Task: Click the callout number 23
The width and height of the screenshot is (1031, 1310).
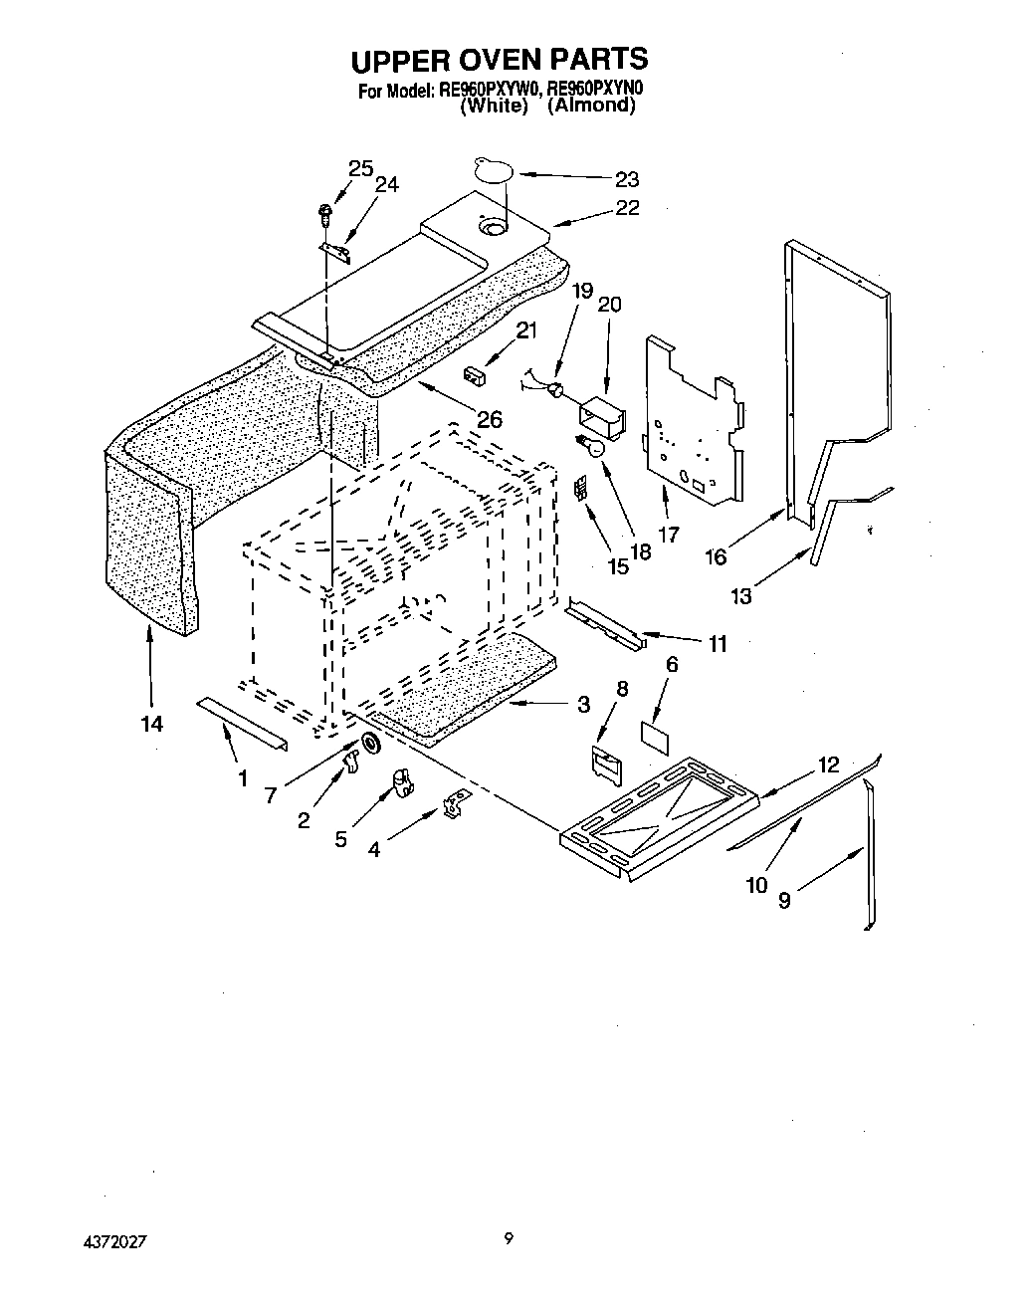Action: tap(626, 179)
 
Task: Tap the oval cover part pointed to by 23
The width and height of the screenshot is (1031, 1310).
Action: tap(494, 169)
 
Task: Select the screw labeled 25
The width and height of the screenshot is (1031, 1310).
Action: tap(325, 211)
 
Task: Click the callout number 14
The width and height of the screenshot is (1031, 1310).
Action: tap(151, 724)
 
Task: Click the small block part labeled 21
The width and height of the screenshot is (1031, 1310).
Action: tap(473, 375)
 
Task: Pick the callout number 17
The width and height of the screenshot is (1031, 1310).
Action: tap(668, 535)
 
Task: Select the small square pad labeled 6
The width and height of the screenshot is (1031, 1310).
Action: tap(657, 735)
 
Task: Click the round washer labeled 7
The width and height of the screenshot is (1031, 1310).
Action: tap(370, 742)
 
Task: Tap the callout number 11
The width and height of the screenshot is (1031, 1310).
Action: tap(717, 644)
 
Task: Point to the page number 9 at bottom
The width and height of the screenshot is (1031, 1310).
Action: tap(510, 1238)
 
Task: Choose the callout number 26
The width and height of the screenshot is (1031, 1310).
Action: tap(489, 419)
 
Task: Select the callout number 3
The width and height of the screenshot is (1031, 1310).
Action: tap(583, 705)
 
